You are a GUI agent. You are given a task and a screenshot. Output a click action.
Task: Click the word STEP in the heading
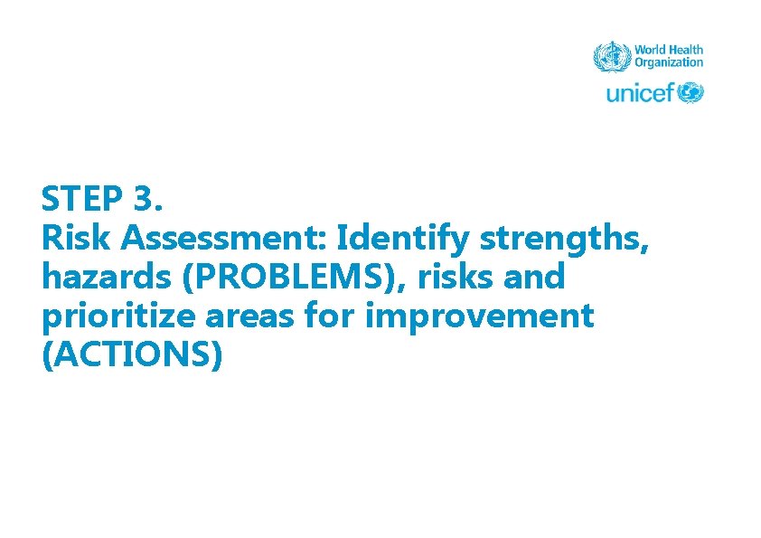[88, 197]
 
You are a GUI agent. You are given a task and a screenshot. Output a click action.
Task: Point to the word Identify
[404, 240]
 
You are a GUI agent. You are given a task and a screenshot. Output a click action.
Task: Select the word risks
[459, 277]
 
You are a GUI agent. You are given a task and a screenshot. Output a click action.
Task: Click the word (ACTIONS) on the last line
[132, 356]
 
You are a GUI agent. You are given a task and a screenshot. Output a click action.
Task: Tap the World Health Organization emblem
[610, 56]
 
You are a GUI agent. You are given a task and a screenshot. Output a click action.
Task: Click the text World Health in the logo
[668, 50]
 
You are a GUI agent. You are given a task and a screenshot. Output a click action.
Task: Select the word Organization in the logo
[668, 62]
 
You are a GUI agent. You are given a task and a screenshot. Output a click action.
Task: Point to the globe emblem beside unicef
[691, 92]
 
